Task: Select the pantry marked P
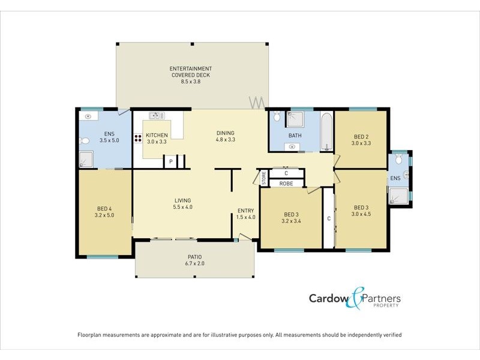pos(170,161)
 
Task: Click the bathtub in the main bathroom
pos(326,133)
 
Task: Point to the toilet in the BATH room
pos(277,116)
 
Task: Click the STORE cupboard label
pos(263,178)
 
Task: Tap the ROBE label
pos(286,183)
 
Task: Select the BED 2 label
pos(361,136)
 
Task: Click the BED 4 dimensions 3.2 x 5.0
pos(104,215)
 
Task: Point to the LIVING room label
pos(182,200)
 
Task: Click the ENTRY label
pos(245,210)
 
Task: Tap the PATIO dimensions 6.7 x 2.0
pos(195,263)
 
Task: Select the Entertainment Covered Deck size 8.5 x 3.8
pos(190,82)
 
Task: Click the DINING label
pos(225,133)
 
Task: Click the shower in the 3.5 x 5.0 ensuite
pos(86,159)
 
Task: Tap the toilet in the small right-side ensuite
pos(406,175)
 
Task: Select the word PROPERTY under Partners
pos(387,306)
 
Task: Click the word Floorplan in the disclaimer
pos(92,335)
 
